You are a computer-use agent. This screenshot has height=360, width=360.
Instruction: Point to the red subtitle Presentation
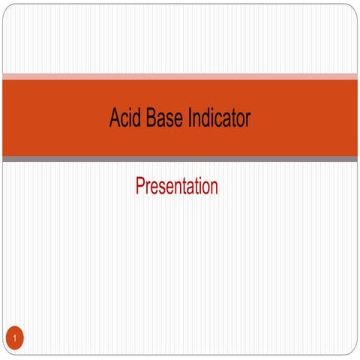(x=176, y=186)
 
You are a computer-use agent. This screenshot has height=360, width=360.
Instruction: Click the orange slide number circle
(x=14, y=339)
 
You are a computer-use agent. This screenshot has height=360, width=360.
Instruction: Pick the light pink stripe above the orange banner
(x=180, y=76)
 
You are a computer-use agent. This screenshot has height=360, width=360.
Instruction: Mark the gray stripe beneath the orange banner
(x=180, y=159)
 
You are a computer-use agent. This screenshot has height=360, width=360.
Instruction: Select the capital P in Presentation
(x=140, y=186)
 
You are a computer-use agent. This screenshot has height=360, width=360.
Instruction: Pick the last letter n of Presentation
(x=214, y=187)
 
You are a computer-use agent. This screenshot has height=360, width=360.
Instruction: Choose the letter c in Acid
(x=124, y=120)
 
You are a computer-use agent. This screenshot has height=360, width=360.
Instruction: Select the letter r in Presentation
(x=148, y=187)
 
